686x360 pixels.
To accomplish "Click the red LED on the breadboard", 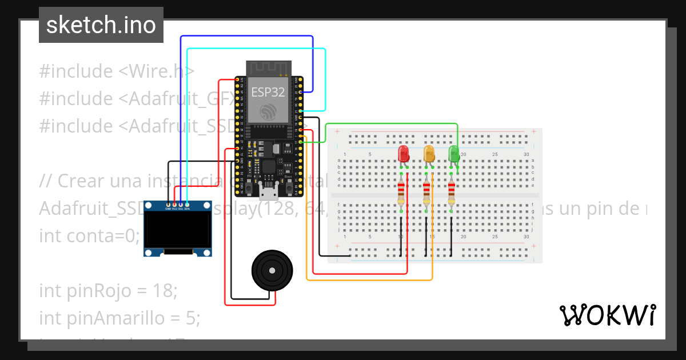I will tap(403, 153).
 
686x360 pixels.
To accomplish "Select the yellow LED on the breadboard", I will tap(429, 153).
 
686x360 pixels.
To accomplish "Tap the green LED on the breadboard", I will tap(454, 153).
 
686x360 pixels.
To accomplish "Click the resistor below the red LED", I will tap(401, 193).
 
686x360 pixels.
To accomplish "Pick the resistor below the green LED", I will tap(452, 193).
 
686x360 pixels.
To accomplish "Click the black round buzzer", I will tap(272, 271).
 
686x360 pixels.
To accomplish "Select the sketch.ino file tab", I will tap(101, 25).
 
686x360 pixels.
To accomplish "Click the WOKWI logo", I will tap(607, 315).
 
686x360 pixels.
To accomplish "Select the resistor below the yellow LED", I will tap(426, 193).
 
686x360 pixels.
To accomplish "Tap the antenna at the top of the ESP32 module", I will tap(268, 68).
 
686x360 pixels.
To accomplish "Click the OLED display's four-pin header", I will tap(178, 205).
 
